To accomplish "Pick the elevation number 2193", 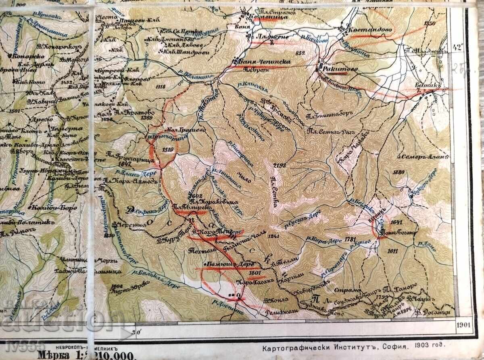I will pyautogui.click(x=279, y=166).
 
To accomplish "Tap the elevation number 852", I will pyautogui.click(x=300, y=52).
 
